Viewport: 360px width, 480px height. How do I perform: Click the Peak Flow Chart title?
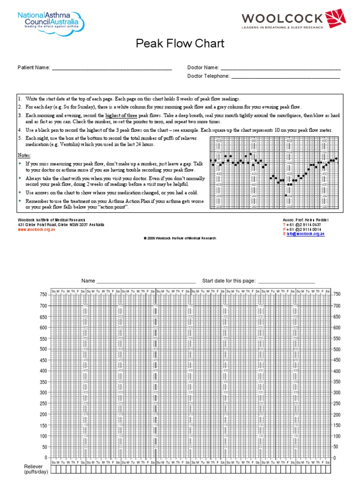[180, 44]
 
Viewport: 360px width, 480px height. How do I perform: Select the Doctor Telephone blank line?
[285, 77]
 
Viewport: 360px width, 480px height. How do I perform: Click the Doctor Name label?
[203, 68]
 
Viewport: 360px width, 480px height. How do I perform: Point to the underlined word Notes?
[25, 155]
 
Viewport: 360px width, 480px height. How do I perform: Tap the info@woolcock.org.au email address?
[307, 233]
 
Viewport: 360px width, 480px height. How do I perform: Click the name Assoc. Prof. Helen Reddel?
[306, 220]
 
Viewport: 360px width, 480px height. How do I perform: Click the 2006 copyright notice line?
[180, 238]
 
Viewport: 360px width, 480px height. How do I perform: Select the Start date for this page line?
[286, 281]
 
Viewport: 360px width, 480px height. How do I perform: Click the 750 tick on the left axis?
[43, 294]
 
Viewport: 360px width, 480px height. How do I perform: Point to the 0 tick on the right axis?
[335, 457]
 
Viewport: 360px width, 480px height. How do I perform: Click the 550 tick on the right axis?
[337, 338]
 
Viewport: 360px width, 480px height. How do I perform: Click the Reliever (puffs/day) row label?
[33, 470]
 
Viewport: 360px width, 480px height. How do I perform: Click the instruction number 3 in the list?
[20, 115]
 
